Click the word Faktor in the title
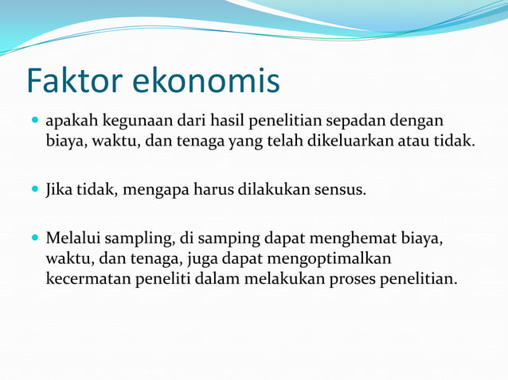73,81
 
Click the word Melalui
73,238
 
